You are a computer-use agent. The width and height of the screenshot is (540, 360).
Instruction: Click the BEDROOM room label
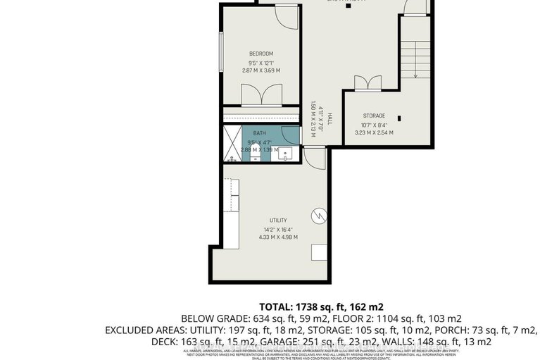pyautogui.click(x=260, y=54)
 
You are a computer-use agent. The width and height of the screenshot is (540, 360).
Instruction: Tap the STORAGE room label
pyautogui.click(x=374, y=116)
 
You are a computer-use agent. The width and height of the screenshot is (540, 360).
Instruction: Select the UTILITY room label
pyautogui.click(x=277, y=221)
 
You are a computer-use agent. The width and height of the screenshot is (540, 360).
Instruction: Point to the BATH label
pyautogui.click(x=260, y=133)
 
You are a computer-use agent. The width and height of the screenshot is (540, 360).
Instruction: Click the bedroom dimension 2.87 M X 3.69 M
pyautogui.click(x=260, y=70)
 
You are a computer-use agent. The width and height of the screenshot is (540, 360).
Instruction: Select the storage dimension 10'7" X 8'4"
pyautogui.click(x=374, y=125)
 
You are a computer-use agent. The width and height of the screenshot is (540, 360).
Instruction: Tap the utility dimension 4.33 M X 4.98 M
pyautogui.click(x=277, y=237)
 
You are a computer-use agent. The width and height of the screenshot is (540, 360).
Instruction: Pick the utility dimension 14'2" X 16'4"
pyautogui.click(x=277, y=229)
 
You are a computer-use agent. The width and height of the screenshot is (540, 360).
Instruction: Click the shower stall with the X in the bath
pyautogui.click(x=232, y=144)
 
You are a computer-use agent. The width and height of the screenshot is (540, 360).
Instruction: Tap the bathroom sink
pyautogui.click(x=286, y=153)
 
